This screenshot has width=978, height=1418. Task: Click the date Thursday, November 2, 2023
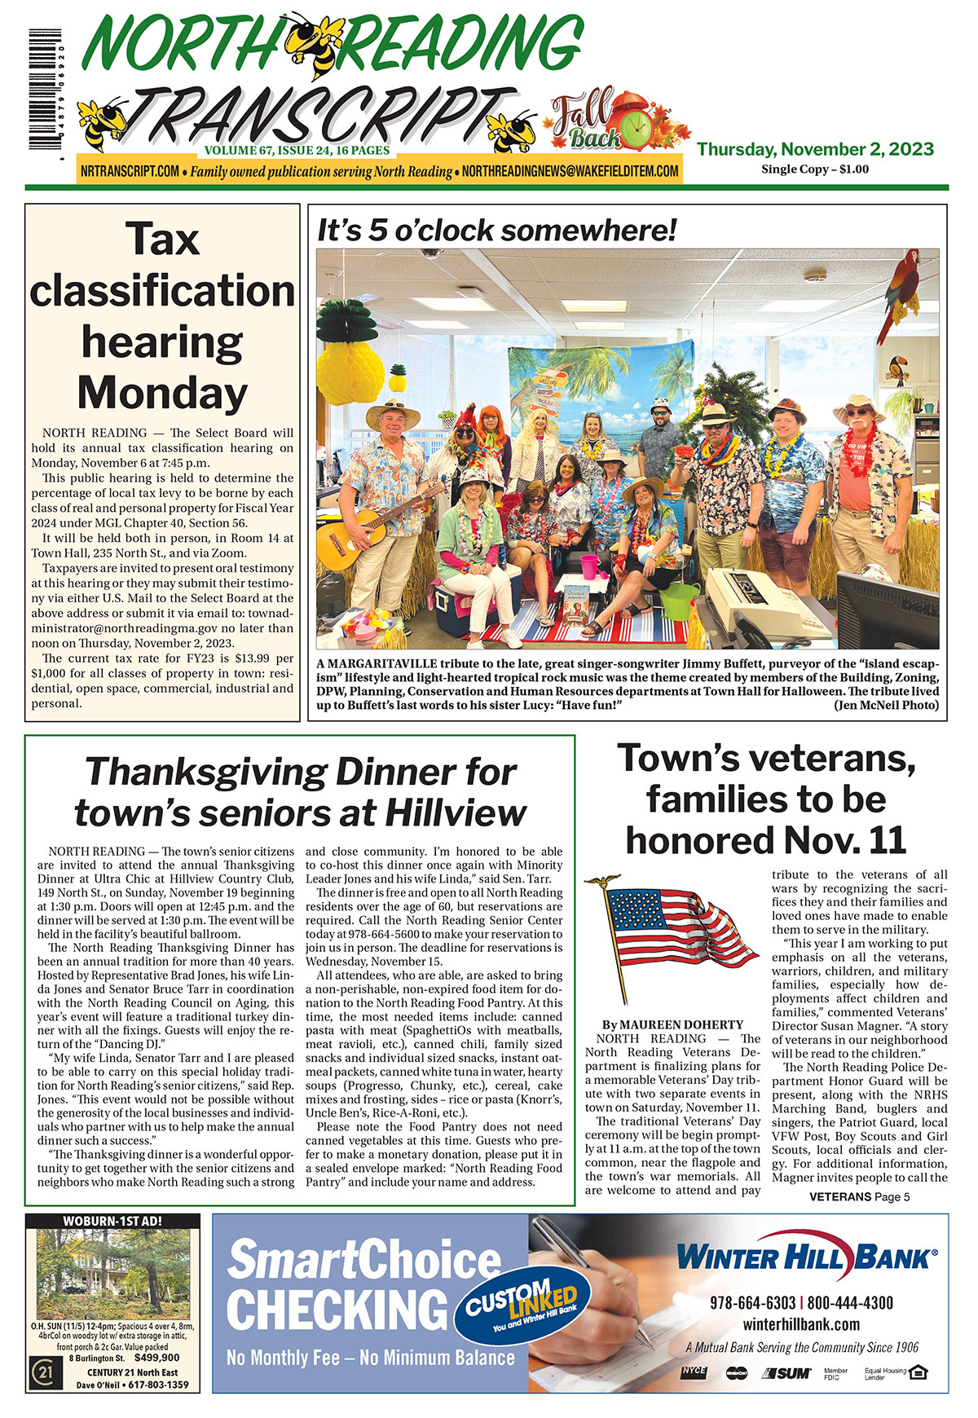(x=815, y=149)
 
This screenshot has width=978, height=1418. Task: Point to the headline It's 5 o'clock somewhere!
(x=496, y=231)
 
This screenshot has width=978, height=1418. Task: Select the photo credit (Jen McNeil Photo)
(x=886, y=705)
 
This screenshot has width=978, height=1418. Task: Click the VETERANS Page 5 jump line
(x=859, y=1196)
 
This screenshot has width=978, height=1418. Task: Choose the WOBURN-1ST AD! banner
(x=112, y=1221)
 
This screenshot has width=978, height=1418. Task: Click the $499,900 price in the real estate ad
(x=157, y=1358)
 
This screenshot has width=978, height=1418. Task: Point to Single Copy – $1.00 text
(x=815, y=170)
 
